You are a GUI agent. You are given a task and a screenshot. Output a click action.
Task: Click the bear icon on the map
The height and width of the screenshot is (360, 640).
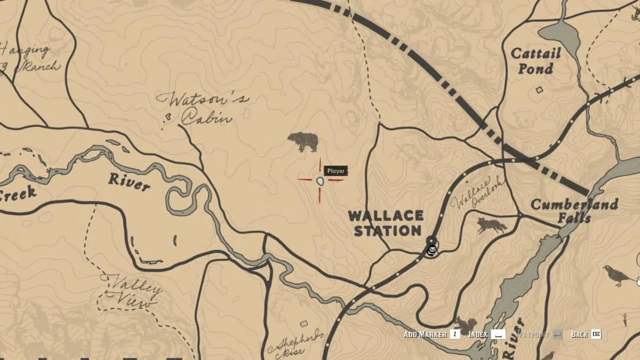303,142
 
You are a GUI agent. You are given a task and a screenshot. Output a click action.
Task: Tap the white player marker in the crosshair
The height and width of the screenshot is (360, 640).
320,181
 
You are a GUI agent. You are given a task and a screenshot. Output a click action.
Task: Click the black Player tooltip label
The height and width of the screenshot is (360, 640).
336,171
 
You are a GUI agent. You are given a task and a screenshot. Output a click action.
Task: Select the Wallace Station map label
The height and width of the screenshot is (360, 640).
386,223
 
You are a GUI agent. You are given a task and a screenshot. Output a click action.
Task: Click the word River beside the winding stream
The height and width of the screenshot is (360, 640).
129,182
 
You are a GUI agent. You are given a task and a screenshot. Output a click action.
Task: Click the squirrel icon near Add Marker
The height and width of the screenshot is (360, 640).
466,325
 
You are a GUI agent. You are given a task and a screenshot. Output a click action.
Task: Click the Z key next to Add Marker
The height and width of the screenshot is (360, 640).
454,334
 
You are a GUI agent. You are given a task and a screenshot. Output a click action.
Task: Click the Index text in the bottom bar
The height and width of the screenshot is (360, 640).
478,334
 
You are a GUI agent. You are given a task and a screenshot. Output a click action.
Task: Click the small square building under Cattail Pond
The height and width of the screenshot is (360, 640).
539,90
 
